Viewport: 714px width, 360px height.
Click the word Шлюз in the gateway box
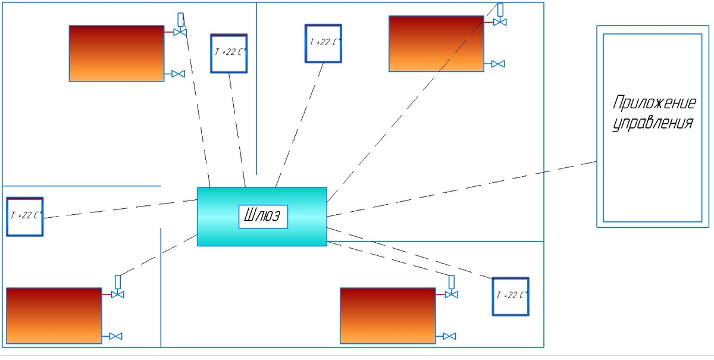coord(262,215)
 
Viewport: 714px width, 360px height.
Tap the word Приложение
coord(654,103)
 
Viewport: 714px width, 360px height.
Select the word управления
coord(653,123)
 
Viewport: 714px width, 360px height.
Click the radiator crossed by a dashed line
coord(436,43)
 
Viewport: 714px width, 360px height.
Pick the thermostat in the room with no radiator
coord(25,217)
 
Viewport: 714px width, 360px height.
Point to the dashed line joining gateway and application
coord(462,189)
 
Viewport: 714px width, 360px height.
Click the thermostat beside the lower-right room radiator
coord(511,296)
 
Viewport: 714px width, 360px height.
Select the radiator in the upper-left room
coord(117,54)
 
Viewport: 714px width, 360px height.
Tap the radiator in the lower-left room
coord(54,316)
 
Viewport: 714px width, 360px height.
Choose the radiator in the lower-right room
coord(388,316)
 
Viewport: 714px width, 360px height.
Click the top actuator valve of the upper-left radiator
coord(180,24)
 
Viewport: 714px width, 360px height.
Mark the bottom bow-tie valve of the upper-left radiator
coord(178,74)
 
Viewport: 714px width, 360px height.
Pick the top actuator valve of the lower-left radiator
coord(118,287)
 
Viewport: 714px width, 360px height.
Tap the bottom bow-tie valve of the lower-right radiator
coord(449,336)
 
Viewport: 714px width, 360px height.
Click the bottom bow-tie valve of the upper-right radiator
coord(498,64)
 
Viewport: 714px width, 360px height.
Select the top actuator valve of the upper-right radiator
coord(500,14)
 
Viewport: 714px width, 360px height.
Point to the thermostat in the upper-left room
coord(229,54)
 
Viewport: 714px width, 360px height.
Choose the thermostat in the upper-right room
coord(323,43)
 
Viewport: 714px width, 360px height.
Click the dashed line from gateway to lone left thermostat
coord(120,209)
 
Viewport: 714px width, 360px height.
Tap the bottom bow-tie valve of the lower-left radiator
coord(115,336)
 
